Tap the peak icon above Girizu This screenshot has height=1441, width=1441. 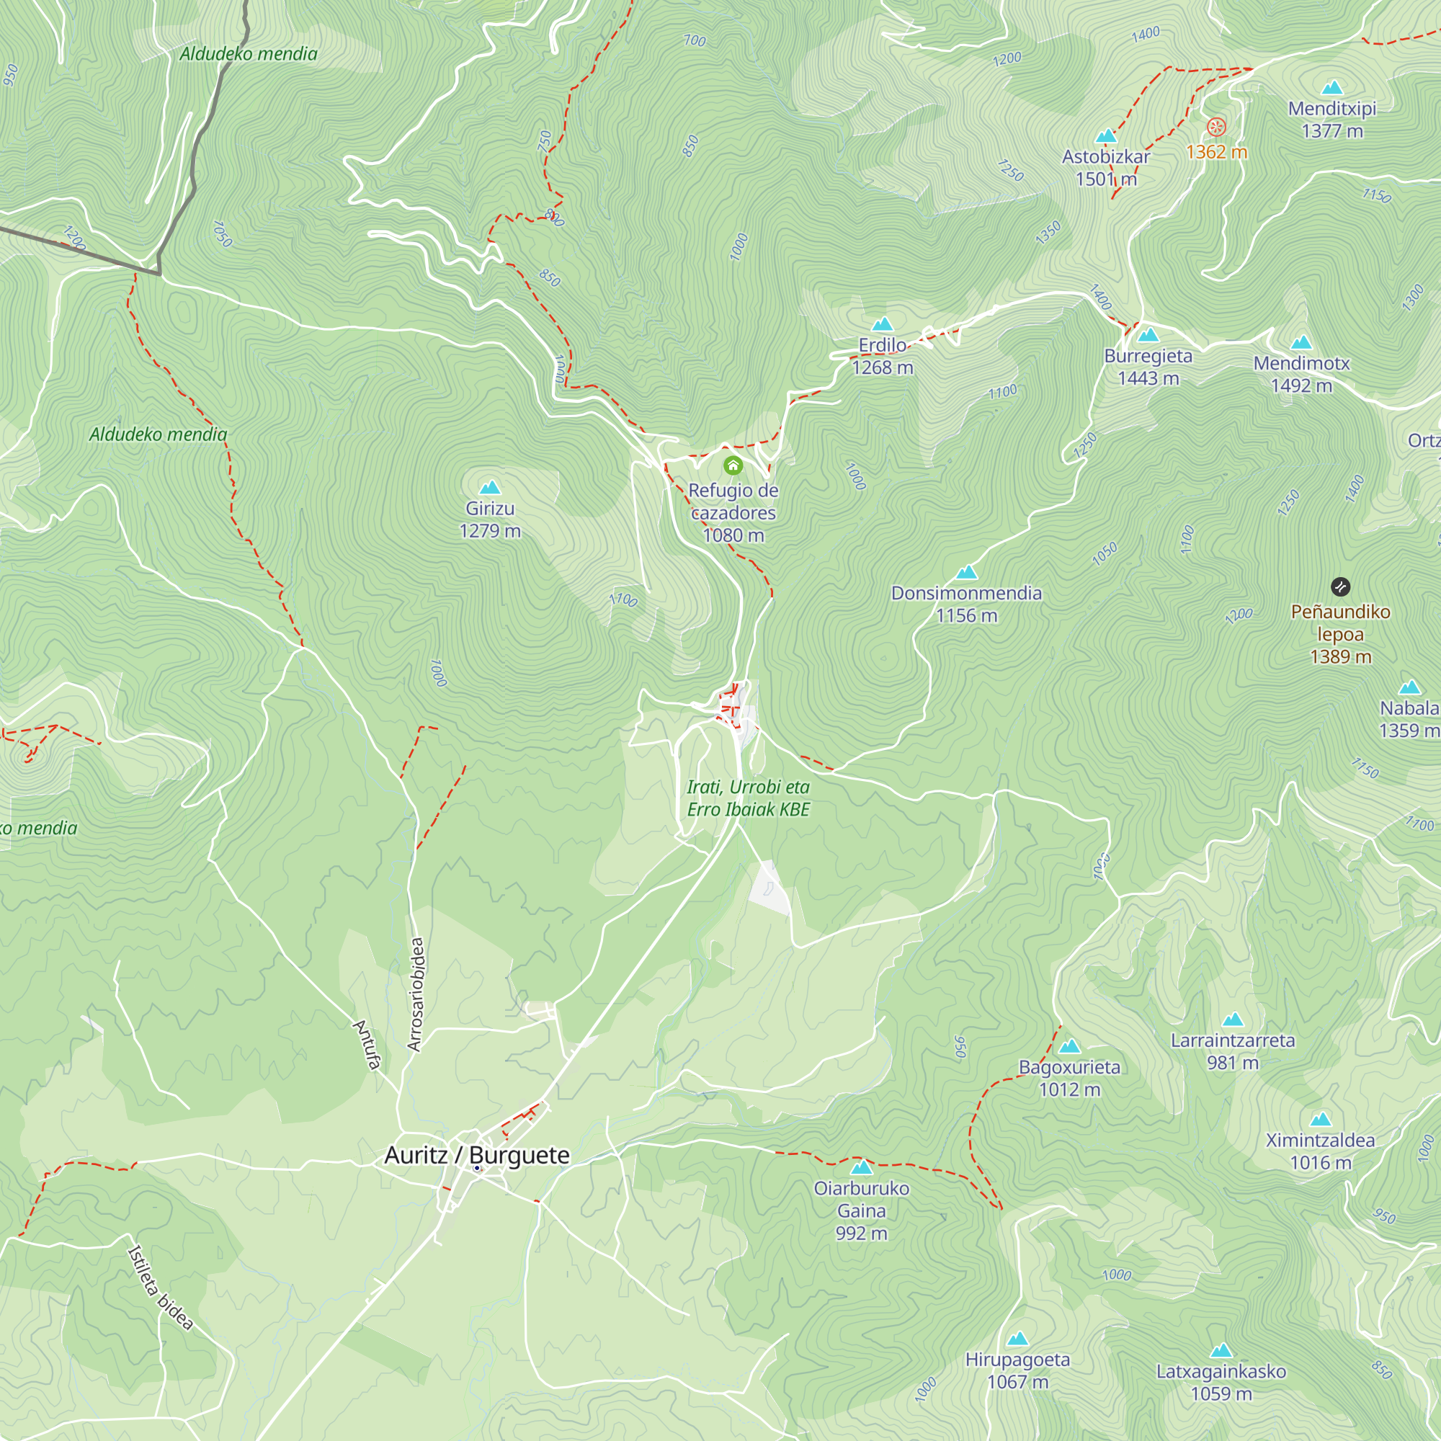click(x=490, y=488)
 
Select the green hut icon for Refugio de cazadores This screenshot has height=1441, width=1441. click(x=733, y=466)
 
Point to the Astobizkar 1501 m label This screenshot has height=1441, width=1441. click(x=1106, y=168)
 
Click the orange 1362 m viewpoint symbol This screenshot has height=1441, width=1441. click(x=1216, y=127)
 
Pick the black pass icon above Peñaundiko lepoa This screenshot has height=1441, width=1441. click(x=1340, y=586)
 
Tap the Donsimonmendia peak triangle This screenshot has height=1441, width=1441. click(x=967, y=573)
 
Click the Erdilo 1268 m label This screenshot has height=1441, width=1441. click(x=883, y=357)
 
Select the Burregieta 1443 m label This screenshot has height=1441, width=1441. click(x=1148, y=367)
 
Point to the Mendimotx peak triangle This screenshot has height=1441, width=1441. click(x=1301, y=343)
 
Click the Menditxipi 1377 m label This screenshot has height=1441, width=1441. click(x=1332, y=120)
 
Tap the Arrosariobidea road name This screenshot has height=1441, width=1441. click(x=416, y=995)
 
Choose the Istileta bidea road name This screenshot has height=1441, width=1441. click(x=161, y=1288)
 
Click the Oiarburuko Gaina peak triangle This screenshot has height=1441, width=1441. click(x=862, y=1167)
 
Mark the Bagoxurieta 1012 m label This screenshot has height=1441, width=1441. click(x=1069, y=1078)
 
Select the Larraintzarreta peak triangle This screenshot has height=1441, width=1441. click(x=1233, y=1020)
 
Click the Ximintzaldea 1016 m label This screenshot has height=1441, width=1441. click(x=1320, y=1151)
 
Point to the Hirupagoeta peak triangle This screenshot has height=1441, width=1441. click(x=1018, y=1339)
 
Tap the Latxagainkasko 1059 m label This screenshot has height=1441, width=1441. click(x=1221, y=1382)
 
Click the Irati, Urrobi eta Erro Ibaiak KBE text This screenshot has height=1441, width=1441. click(x=748, y=798)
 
